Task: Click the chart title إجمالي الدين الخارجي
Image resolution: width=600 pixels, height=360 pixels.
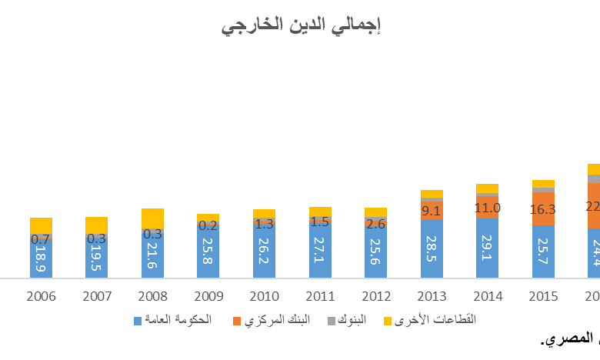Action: (302, 26)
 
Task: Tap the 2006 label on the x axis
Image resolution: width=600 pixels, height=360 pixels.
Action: (41, 296)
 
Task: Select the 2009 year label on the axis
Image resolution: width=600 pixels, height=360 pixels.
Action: (208, 296)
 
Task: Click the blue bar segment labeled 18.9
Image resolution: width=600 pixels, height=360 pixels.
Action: (42, 260)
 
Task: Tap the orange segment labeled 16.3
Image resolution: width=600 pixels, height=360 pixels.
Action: (543, 208)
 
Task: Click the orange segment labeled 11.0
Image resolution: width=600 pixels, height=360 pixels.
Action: (487, 208)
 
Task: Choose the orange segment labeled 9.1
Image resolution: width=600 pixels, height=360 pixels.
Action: (432, 210)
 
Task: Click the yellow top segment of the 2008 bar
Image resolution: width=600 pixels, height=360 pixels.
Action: (152, 218)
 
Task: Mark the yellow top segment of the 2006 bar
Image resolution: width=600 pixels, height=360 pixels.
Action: (42, 225)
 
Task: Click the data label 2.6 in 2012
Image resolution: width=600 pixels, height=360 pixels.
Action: (375, 225)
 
